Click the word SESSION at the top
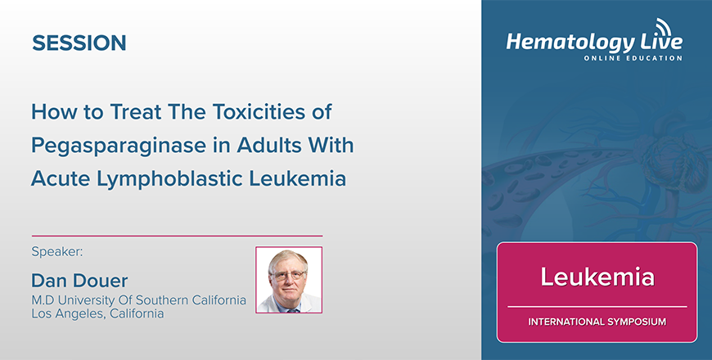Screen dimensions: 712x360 point(79,43)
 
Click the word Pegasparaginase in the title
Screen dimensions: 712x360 point(119,146)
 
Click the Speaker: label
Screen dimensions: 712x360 point(57,252)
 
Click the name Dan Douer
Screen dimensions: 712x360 point(79,281)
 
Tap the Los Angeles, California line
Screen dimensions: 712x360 point(97,313)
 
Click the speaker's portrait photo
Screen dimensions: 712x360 point(289,280)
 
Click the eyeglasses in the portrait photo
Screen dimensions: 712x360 point(288,275)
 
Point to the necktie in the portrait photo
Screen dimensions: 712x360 point(291,310)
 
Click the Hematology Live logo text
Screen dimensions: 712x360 point(594,43)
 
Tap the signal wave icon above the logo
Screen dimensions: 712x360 point(664,27)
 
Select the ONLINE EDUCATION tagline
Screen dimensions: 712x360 point(633,58)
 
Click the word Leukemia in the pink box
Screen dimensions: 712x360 point(597,277)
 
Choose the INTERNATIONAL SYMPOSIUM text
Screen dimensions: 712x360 point(597,322)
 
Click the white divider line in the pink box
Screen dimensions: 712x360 point(597,307)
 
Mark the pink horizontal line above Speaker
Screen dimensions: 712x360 point(177,236)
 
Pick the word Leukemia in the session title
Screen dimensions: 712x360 point(297,179)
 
